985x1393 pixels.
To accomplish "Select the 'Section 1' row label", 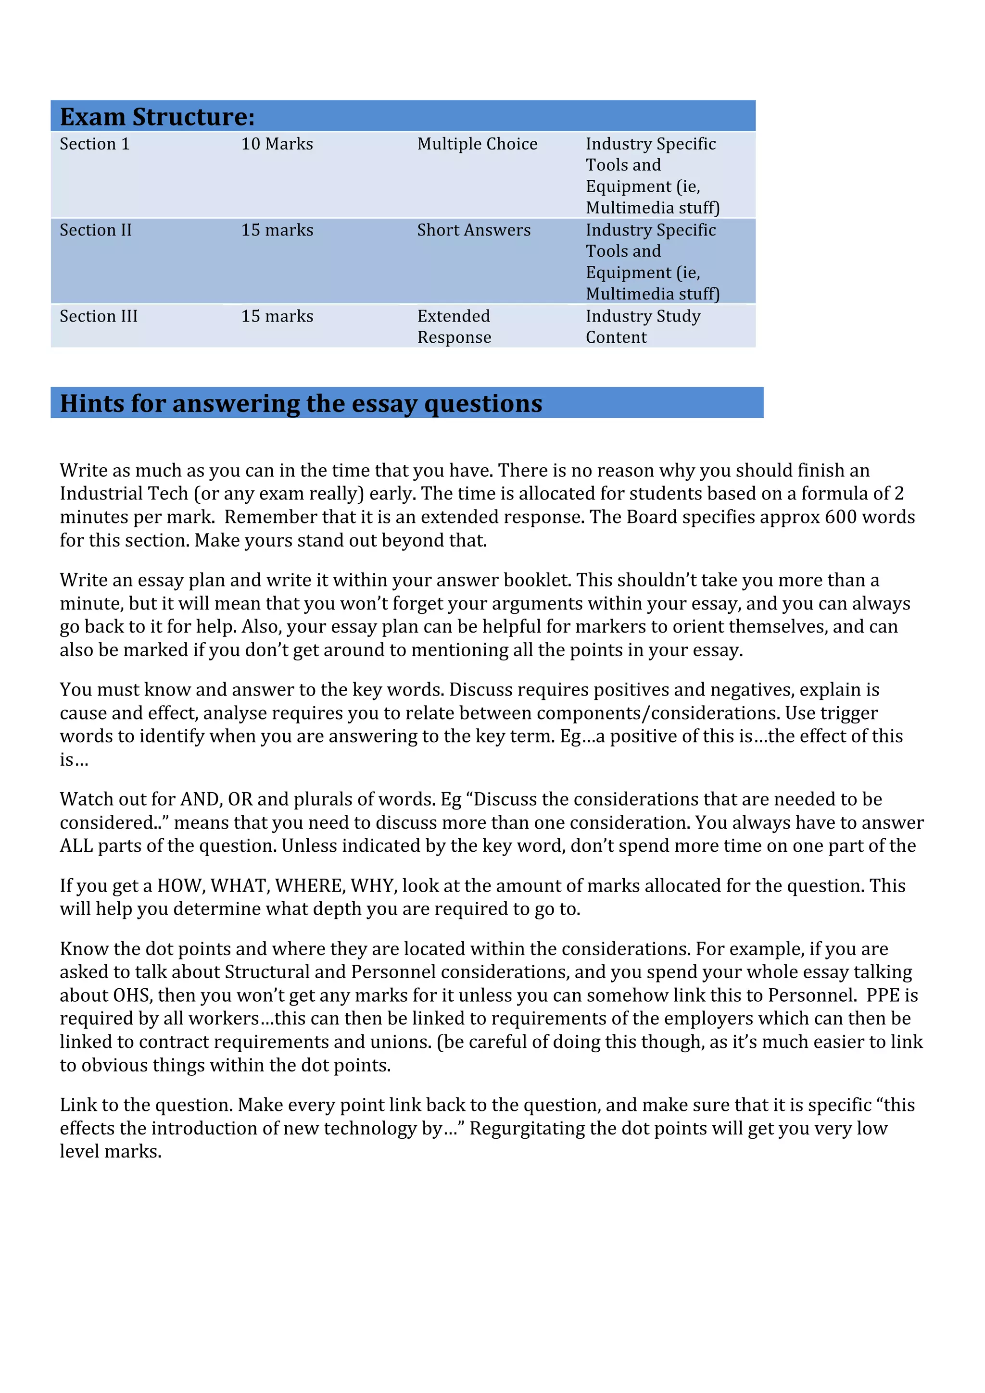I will (95, 144).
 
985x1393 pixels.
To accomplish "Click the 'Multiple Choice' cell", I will (477, 144).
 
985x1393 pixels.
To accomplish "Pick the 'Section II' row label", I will (95, 231).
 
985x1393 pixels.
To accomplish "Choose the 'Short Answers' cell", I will (473, 231).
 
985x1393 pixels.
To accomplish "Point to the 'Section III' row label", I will (98, 317).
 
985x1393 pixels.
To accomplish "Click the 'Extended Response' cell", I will (454, 327).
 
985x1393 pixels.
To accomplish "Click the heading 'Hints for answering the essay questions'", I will (301, 403).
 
